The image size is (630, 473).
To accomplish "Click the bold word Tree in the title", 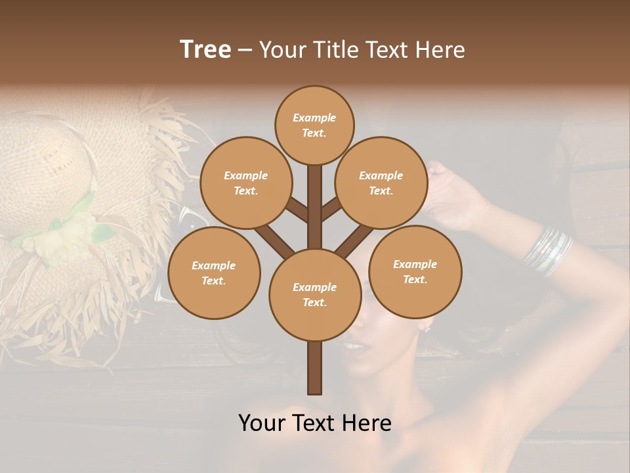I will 205,49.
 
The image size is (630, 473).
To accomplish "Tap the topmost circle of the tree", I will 314,125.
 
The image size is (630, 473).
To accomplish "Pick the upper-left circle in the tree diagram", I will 245,183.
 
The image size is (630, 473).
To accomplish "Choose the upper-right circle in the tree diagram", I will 381,183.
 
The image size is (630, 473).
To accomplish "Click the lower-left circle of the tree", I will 214,273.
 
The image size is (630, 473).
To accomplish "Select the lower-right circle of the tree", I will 415,271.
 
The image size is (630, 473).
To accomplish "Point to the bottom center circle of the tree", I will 314,294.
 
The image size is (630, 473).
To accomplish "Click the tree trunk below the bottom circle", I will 314,368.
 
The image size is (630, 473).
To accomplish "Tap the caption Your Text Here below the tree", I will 314,422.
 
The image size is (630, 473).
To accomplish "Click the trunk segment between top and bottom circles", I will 314,207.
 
